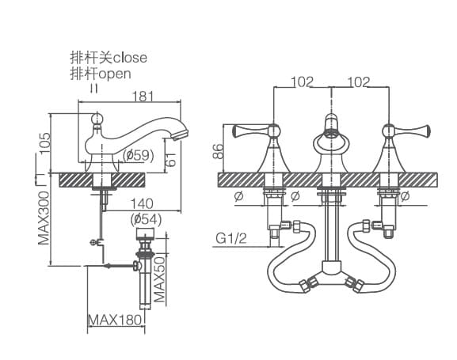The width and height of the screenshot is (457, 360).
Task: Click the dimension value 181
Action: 143,95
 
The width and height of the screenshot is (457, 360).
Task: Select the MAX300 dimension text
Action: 44,215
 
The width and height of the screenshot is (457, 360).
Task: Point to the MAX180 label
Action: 114,320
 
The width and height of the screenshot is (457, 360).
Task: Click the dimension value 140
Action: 143,203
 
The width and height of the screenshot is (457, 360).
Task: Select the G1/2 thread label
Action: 231,237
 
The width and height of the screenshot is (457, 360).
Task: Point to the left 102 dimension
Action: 302,81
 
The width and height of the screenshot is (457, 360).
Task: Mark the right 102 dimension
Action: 359,81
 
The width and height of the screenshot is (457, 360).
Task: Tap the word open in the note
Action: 113,73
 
